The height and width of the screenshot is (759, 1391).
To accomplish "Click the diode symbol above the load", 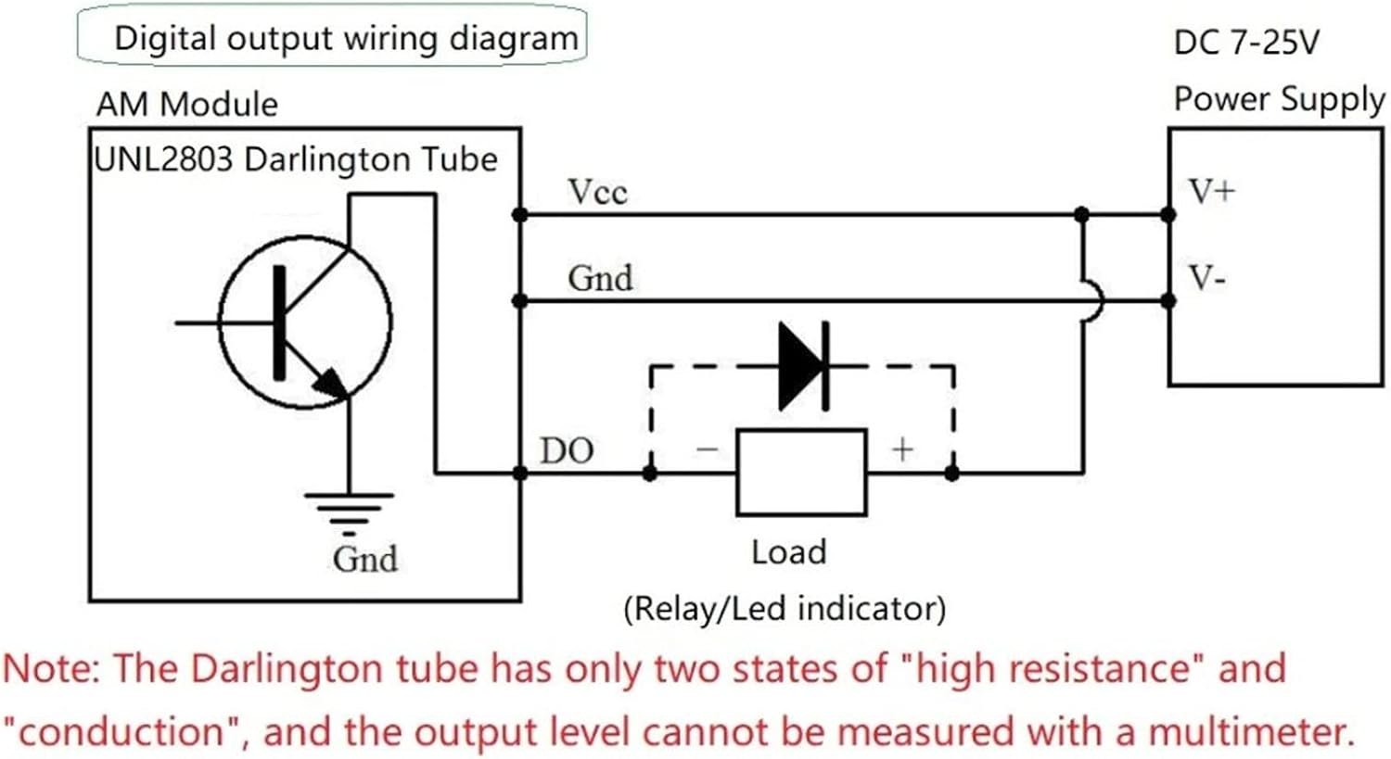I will coord(803,366).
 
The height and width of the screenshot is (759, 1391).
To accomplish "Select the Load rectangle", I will coord(801,472).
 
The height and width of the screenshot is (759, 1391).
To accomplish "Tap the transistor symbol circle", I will coord(304,322).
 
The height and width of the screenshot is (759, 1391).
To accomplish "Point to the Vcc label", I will coord(597,192).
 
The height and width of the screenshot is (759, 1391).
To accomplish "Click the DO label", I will coord(567,450).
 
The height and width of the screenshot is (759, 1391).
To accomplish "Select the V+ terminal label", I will coord(1212,191).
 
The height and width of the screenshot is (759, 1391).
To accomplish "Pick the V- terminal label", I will coord(1207,277).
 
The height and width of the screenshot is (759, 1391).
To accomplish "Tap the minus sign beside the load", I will coord(707,449).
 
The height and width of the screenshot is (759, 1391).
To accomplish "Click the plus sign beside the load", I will coord(902,449).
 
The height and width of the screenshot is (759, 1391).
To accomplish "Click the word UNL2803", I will coord(164,159).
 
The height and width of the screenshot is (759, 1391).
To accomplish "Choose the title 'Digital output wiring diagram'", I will coord(345,39).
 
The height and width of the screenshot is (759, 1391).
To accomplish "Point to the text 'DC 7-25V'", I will coord(1245,43).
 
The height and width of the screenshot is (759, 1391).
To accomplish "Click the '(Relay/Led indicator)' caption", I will coord(785,609).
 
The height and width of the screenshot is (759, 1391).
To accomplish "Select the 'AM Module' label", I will coord(186,104).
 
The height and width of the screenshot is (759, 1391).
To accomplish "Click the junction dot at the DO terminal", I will coord(520,474).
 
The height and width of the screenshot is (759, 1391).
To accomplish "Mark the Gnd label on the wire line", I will coord(600,277).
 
